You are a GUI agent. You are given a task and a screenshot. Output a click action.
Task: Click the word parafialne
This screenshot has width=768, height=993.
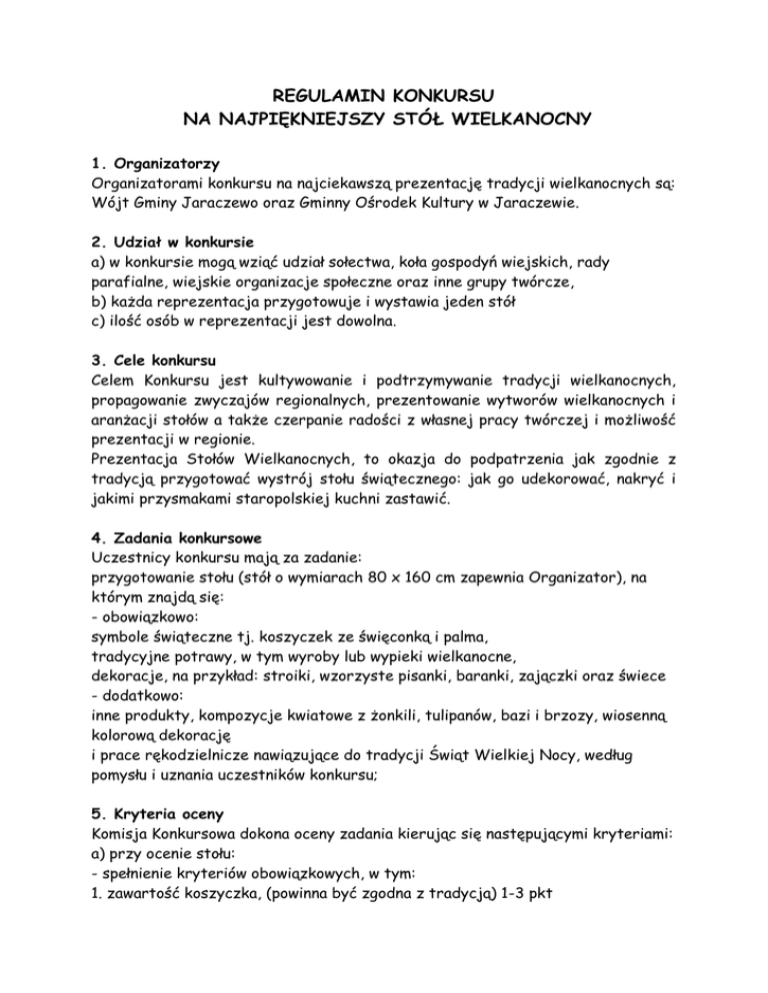106,288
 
